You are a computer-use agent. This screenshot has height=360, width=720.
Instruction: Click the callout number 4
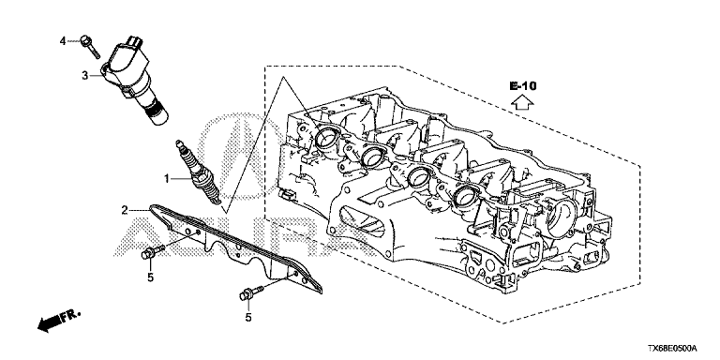pyautogui.click(x=63, y=41)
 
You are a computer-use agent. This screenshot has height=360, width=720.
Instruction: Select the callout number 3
pyautogui.click(x=85, y=75)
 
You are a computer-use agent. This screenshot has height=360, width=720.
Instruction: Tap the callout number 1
pyautogui.click(x=168, y=178)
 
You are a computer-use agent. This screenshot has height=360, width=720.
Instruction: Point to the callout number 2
pyautogui.click(x=125, y=211)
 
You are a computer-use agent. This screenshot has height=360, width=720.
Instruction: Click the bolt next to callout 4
pyautogui.click(x=90, y=46)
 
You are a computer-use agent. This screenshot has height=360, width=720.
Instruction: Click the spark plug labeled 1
pyautogui.click(x=199, y=172)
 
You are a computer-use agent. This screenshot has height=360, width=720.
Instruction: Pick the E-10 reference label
pyautogui.click(x=522, y=86)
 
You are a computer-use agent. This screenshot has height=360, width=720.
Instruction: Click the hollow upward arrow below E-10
pyautogui.click(x=522, y=102)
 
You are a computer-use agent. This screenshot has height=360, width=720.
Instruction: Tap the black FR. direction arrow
pyautogui.click(x=59, y=320)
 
